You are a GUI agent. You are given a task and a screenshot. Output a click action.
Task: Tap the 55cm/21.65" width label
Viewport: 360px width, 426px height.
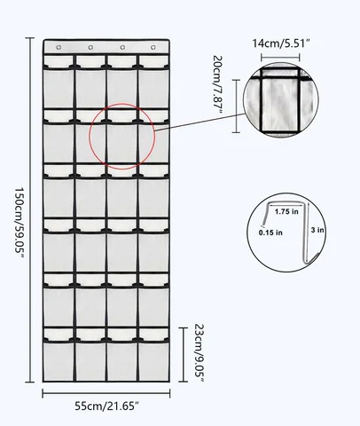tap(106, 406)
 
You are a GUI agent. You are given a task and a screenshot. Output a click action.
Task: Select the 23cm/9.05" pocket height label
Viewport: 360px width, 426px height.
tap(200, 353)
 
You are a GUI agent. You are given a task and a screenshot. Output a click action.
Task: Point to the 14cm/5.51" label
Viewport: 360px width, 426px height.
tap(281, 43)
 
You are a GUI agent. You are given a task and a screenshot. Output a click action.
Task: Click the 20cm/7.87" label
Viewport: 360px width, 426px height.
tap(217, 85)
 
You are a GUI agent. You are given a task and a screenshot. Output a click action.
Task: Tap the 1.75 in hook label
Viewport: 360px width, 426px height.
tap(286, 211)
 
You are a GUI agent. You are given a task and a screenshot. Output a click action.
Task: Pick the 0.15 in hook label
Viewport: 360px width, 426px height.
tap(270, 233)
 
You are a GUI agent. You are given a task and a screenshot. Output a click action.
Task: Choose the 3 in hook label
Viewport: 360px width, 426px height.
tap(317, 230)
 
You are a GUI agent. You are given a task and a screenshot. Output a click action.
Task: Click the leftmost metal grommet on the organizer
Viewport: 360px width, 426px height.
tap(59, 47)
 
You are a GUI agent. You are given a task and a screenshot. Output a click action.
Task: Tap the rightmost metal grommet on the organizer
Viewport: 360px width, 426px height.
tap(153, 47)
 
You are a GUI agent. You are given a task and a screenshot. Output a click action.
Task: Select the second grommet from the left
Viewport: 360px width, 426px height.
tap(90, 47)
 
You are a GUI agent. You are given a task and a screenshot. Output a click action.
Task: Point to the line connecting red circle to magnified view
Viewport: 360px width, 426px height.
tap(200, 122)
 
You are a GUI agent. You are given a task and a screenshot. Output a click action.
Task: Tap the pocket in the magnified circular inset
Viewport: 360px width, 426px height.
tap(280, 104)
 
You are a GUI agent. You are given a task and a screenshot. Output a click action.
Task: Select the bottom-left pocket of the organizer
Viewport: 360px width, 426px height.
tap(59, 360)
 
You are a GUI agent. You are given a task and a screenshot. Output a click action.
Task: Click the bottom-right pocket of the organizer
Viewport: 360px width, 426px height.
tap(153, 360)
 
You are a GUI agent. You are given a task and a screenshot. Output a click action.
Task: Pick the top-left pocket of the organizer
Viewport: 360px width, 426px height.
tap(59, 88)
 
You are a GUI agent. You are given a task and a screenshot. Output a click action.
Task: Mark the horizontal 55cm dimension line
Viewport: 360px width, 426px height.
tap(106, 393)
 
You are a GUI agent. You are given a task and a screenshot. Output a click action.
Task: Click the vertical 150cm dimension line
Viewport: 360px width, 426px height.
tap(29, 210)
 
